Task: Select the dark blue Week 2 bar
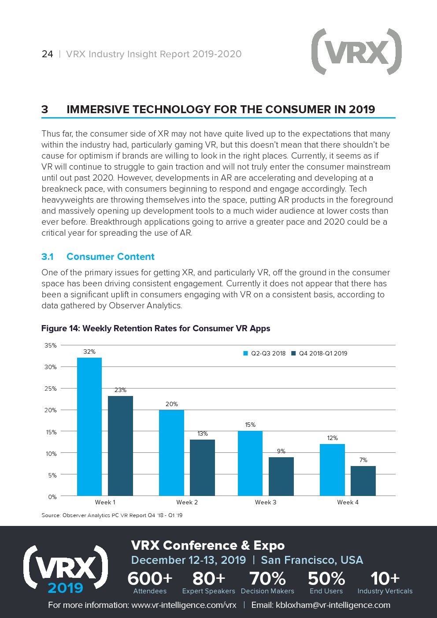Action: pyautogui.click(x=202, y=467)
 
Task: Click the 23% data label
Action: pyautogui.click(x=120, y=390)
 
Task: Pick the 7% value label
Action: pyautogui.click(x=363, y=460)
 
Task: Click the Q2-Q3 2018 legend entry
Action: pyautogui.click(x=265, y=353)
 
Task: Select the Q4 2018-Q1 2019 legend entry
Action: pyautogui.click(x=319, y=353)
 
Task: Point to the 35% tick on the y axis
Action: pyautogui.click(x=51, y=345)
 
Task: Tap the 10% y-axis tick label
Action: pyautogui.click(x=51, y=454)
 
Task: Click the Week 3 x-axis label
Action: pyautogui.click(x=266, y=502)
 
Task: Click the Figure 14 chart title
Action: pyautogui.click(x=156, y=328)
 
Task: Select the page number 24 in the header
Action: pyautogui.click(x=47, y=54)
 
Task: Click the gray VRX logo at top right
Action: pyautogui.click(x=356, y=52)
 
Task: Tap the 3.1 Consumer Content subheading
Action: pyautogui.click(x=98, y=257)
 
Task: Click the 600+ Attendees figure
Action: pyautogui.click(x=150, y=582)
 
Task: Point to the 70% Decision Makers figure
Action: pyautogui.click(x=267, y=582)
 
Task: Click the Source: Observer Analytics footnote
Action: pyautogui.click(x=112, y=515)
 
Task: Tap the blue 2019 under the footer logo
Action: pyautogui.click(x=65, y=588)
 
